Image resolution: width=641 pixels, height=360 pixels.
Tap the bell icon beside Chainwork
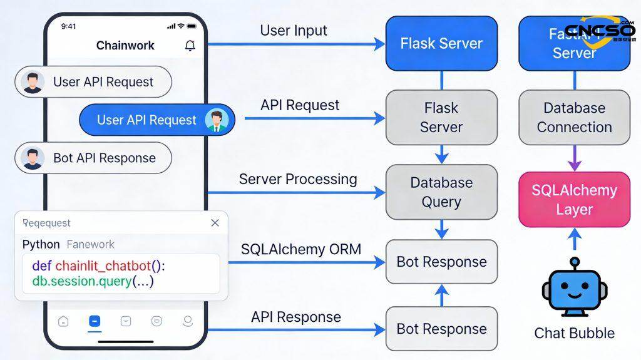click(x=190, y=46)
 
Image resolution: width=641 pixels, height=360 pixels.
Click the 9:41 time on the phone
click(x=69, y=26)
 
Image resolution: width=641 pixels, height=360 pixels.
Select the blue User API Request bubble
click(x=156, y=120)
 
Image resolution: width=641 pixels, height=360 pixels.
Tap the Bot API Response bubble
click(x=94, y=158)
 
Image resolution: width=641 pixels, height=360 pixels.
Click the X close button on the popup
click(x=215, y=223)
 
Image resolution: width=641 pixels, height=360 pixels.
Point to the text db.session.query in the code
click(x=81, y=282)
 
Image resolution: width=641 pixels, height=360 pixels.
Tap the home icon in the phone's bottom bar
click(x=63, y=321)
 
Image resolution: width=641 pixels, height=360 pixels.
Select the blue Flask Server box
click(x=441, y=43)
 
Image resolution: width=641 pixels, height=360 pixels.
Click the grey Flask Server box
click(x=441, y=118)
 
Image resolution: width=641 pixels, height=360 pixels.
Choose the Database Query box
click(x=441, y=192)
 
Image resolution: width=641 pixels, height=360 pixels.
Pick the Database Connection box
click(x=574, y=118)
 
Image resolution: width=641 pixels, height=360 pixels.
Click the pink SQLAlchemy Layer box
click(x=574, y=199)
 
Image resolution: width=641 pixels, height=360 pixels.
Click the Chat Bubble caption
click(x=574, y=333)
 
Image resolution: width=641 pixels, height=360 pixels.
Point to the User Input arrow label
click(x=294, y=30)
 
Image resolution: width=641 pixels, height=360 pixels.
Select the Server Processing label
click(x=298, y=179)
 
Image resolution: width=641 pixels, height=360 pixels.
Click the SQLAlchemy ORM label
click(x=301, y=249)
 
